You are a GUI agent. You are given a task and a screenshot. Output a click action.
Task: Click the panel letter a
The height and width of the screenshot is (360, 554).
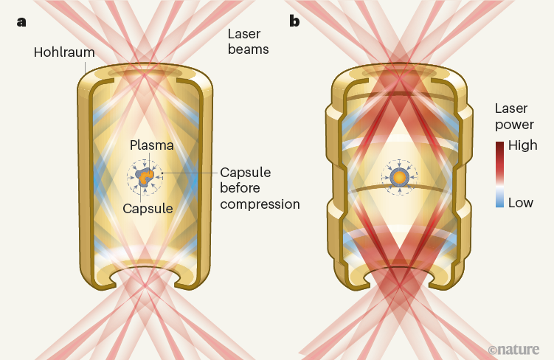coord(21,21)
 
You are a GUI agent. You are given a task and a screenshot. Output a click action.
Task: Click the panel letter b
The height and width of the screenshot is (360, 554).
coord(294,21)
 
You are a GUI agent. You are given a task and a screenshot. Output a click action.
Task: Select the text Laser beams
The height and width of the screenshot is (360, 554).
coord(248,43)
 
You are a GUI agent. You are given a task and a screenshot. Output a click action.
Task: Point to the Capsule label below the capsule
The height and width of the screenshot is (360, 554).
coord(147,208)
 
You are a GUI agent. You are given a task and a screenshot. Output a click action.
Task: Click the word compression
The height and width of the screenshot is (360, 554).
coord(260,204)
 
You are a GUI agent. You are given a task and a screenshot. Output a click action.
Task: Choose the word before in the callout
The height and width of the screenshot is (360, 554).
coord(241,188)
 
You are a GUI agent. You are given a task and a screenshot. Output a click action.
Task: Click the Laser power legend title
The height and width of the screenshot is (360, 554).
coord(514,117)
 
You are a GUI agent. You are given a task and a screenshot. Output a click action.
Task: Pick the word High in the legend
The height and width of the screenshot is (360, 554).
coord(523,145)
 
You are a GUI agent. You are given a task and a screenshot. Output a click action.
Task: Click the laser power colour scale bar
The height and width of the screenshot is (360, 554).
coord(501,174)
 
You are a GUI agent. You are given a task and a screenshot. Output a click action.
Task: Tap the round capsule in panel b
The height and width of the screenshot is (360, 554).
coord(399,177)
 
